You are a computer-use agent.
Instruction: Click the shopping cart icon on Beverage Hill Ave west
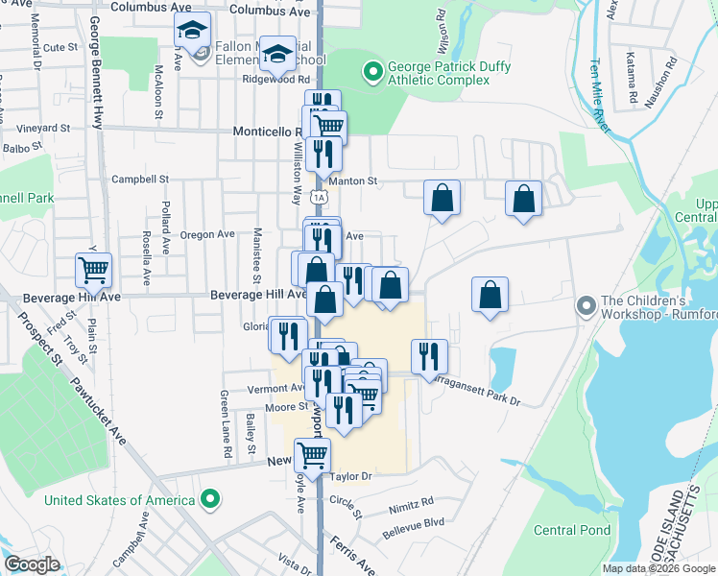[x=94, y=272]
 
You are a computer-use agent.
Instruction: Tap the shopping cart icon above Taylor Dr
[x=312, y=455]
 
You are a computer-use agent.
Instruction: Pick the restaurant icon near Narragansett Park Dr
[x=429, y=356]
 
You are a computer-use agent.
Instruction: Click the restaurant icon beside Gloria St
[x=287, y=335]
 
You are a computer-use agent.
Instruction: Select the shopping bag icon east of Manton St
[x=442, y=199]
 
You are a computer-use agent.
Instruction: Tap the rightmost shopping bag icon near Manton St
[x=523, y=200]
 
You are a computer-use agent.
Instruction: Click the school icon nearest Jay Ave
[x=192, y=31]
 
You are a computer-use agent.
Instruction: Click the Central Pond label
[x=572, y=530]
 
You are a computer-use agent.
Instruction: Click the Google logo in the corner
[x=32, y=564]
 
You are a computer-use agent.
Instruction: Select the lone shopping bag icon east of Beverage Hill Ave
[x=490, y=297]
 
